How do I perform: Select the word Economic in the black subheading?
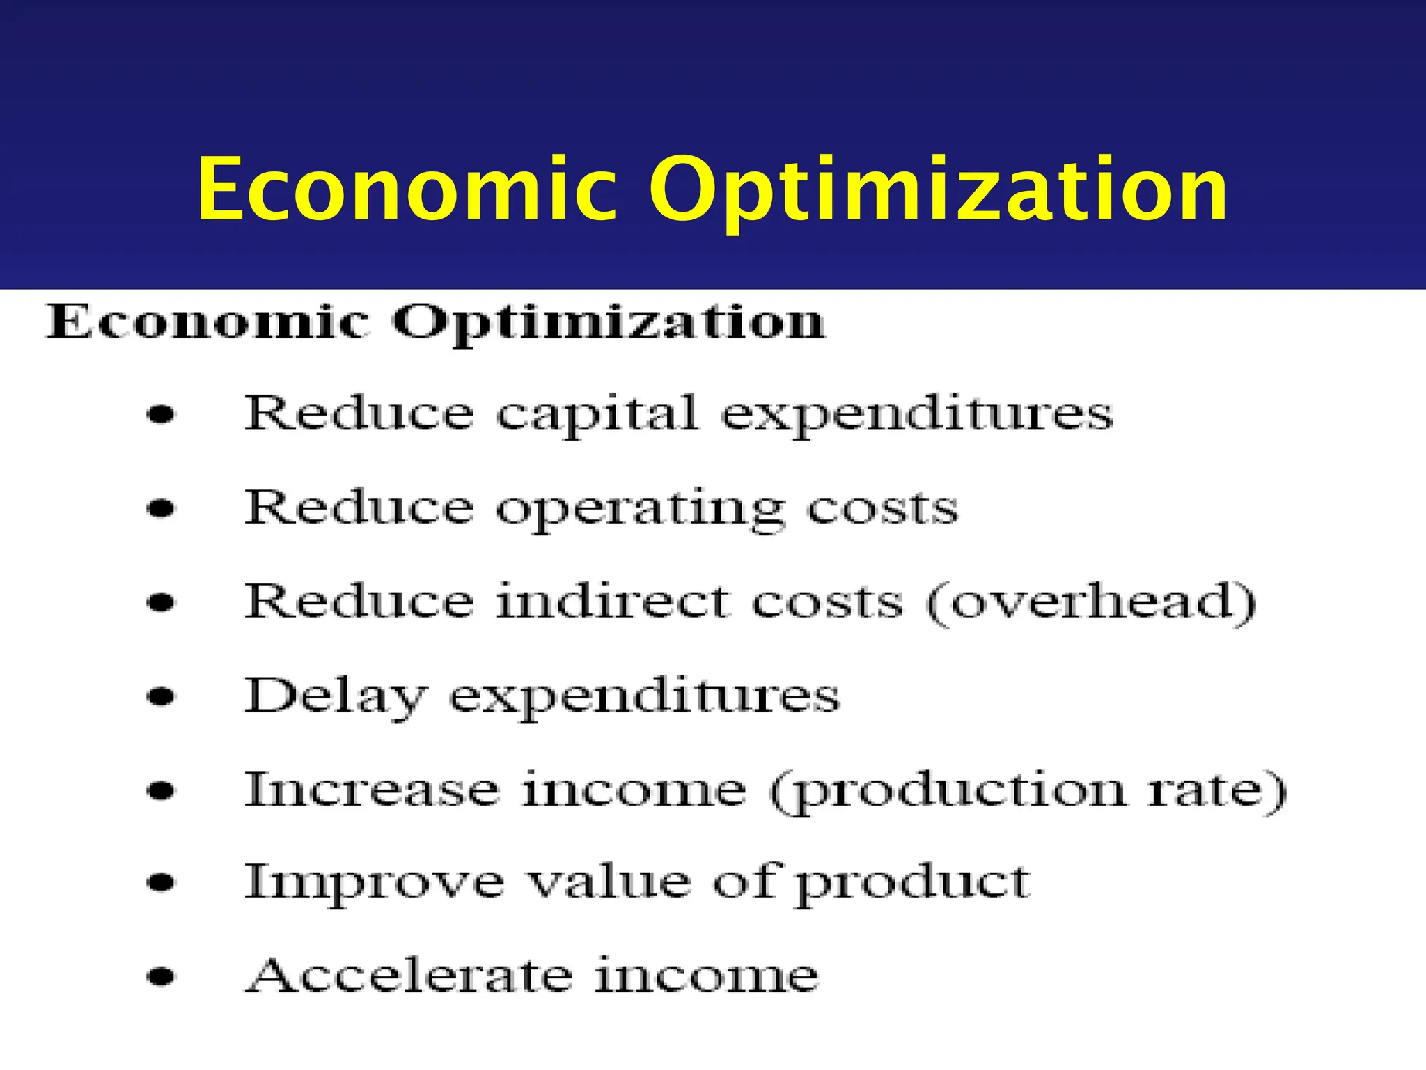coord(207,322)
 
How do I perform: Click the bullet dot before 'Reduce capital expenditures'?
coord(162,416)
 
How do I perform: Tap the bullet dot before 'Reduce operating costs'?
coord(162,509)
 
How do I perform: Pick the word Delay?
coord(335,697)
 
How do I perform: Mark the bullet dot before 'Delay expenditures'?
coord(162,696)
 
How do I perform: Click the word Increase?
coord(372,789)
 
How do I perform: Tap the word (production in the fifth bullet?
coord(947,792)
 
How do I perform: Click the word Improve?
coord(375,883)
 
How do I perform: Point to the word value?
coord(608,883)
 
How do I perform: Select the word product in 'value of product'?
coord(913,885)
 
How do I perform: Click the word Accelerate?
coord(409,975)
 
